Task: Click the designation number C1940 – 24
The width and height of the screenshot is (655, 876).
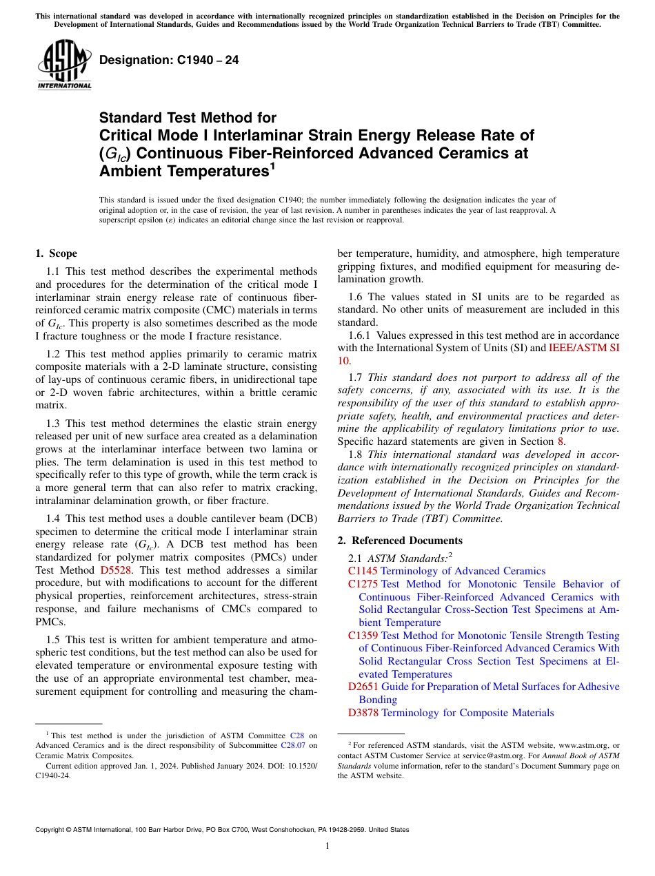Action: [169, 60]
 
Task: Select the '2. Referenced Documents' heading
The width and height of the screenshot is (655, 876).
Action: [399, 540]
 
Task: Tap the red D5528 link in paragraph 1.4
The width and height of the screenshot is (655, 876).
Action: [115, 570]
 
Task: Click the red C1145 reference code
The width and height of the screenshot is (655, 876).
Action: [363, 570]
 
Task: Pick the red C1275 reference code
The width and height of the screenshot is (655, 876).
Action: [363, 584]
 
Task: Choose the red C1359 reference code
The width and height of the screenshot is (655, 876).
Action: [363, 636]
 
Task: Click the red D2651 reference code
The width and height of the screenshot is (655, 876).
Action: [363, 687]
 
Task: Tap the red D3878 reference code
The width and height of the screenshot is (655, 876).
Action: [363, 713]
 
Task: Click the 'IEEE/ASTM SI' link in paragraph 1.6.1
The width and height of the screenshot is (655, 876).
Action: [583, 348]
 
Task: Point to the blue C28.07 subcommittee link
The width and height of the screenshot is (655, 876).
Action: [294, 744]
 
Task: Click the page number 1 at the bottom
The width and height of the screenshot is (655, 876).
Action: [327, 846]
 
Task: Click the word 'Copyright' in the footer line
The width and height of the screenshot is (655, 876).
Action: [51, 830]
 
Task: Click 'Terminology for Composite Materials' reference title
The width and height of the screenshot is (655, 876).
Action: [467, 713]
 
